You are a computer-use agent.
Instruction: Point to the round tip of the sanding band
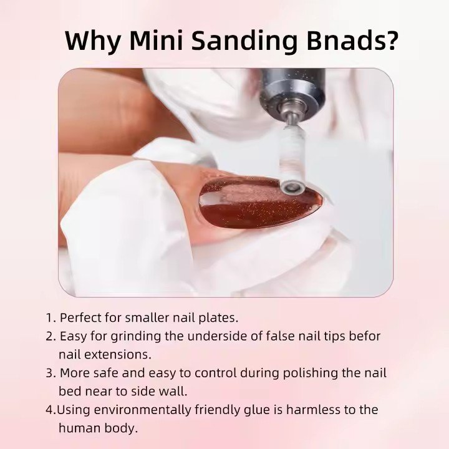point(292,188)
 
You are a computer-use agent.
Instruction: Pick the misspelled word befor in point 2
point(365,336)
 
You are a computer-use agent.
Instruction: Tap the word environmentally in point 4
point(142,410)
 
